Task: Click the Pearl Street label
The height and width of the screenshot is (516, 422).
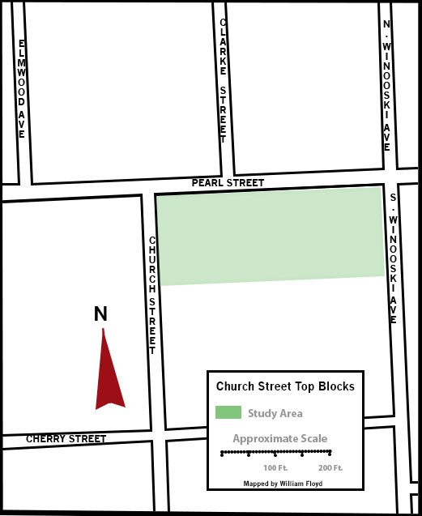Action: point(228,183)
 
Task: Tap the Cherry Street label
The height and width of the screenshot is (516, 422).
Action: point(66,439)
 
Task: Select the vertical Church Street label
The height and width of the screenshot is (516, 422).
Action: point(151,295)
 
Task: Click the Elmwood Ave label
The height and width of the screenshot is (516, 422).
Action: point(22,88)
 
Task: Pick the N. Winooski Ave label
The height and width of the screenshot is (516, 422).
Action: point(387,86)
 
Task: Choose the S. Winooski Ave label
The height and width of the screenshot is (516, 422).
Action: point(392,258)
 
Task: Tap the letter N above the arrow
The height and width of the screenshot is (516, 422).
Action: point(101,313)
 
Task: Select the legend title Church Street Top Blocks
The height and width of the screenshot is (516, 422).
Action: point(285,386)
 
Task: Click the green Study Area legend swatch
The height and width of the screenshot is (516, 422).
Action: point(228,413)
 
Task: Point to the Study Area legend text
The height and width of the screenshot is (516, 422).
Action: point(275,414)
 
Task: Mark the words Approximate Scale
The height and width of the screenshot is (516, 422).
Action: point(280,439)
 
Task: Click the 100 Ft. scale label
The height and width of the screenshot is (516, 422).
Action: point(276,469)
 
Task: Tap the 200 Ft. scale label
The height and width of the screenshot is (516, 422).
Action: point(330,469)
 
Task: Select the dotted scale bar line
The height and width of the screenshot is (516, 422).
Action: point(275,454)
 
